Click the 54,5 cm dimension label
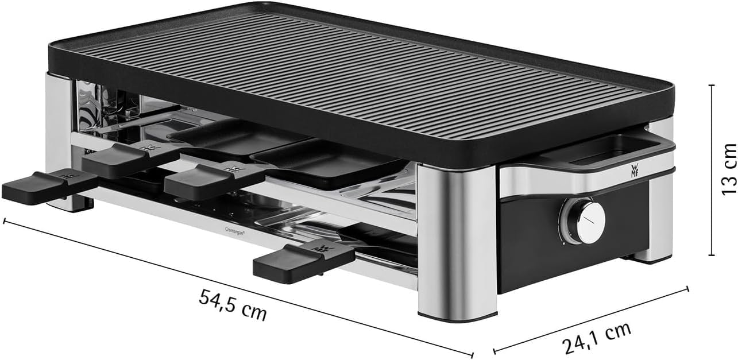pyautogui.click(x=233, y=304)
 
